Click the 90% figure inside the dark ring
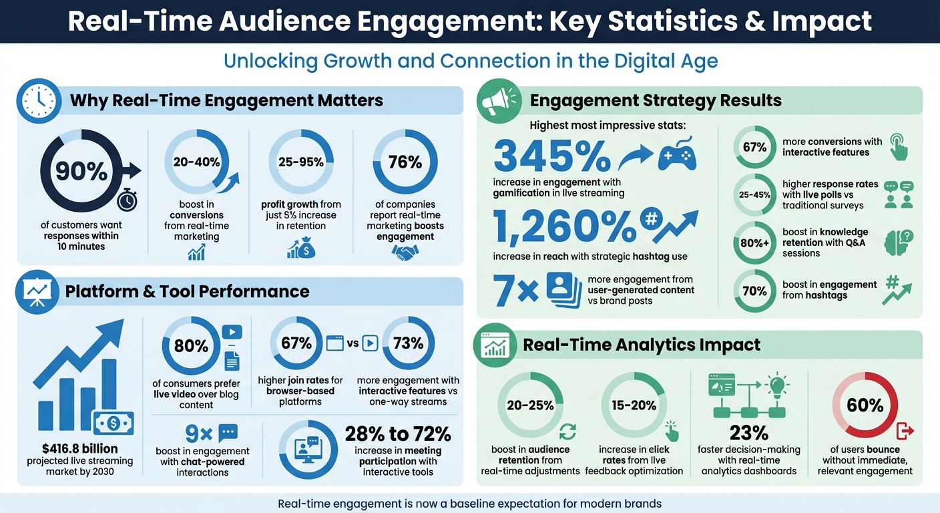81,172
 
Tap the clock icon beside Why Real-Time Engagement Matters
39,102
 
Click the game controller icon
677,156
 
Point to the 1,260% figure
564,227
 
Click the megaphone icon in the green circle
497,102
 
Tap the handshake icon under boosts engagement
405,252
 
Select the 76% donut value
405,162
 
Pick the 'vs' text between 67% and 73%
352,343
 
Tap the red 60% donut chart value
865,405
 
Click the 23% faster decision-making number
748,432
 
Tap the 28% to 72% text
398,434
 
